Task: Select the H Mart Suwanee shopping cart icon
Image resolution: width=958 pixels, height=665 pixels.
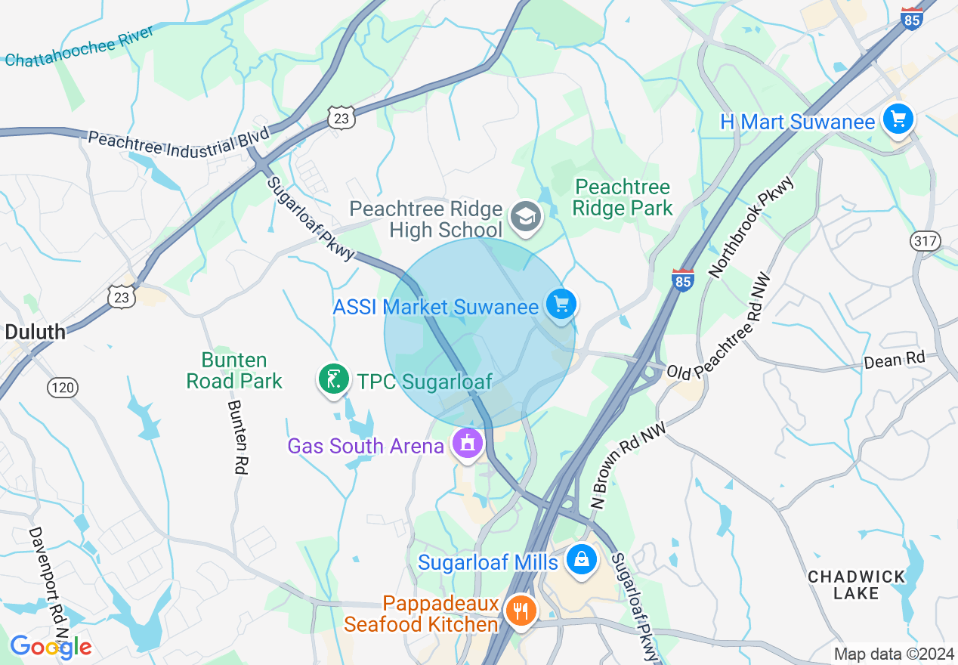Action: (898, 119)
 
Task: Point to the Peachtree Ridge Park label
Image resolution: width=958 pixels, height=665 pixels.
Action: (622, 197)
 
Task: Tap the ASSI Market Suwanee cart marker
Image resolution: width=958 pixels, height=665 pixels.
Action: (561, 305)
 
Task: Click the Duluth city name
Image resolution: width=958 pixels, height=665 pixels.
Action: (35, 331)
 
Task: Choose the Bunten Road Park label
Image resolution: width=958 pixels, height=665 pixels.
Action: (234, 370)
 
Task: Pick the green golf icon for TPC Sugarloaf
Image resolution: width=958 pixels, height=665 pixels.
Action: (333, 379)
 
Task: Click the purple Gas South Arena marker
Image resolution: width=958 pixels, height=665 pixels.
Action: (468, 444)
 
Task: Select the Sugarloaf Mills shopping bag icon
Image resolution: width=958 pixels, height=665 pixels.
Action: (582, 560)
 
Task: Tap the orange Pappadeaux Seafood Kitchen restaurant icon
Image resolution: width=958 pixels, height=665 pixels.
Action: (521, 611)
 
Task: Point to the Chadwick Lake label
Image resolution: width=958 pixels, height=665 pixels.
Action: (856, 585)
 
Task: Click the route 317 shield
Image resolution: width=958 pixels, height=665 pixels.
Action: (926, 242)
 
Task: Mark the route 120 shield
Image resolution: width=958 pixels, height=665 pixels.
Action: (62, 388)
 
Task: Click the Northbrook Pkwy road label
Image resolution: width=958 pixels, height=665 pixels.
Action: (752, 226)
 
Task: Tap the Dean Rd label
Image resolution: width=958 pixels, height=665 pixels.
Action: (895, 360)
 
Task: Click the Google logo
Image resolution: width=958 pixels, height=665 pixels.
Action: (51, 647)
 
